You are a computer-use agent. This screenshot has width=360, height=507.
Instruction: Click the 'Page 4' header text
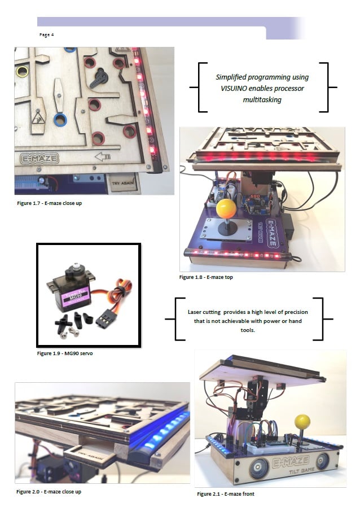[46, 34]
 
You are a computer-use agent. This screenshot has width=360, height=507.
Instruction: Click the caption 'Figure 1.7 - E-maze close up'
[50, 203]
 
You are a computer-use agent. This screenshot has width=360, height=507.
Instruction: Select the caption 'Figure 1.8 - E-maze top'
[206, 277]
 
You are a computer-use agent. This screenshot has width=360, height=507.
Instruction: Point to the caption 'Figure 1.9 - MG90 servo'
[65, 353]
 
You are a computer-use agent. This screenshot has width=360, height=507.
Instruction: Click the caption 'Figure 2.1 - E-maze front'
[226, 494]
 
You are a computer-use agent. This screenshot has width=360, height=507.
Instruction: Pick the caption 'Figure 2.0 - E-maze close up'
[49, 492]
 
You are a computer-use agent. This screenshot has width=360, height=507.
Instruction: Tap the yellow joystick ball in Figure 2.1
[302, 422]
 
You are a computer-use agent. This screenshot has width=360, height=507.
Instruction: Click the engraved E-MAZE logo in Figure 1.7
[39, 159]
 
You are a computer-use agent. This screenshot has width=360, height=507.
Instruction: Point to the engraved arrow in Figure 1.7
[103, 157]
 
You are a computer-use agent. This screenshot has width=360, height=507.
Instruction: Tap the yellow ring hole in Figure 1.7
[23, 71]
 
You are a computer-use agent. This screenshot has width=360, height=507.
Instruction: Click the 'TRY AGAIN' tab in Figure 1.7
[123, 183]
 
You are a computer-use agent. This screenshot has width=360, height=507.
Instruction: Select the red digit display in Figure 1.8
[255, 196]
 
